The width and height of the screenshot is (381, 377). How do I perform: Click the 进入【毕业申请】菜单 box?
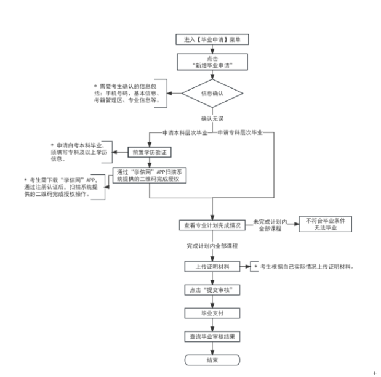pyautogui.click(x=212, y=40)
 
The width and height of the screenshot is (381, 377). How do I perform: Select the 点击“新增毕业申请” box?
pyautogui.click(x=212, y=62)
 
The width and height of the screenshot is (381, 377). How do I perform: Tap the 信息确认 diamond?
pyautogui.click(x=212, y=94)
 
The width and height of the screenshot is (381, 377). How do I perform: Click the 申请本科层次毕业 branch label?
pyautogui.click(x=185, y=132)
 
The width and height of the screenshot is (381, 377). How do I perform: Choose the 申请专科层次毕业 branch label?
pyautogui.click(x=241, y=132)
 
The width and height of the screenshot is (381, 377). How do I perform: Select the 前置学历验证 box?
pyautogui.click(x=148, y=152)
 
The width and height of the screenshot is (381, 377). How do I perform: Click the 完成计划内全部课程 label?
pyautogui.click(x=212, y=246)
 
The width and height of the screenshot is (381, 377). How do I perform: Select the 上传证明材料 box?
pyautogui.click(x=212, y=267)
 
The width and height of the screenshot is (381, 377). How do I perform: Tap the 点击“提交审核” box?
pyautogui.click(x=212, y=290)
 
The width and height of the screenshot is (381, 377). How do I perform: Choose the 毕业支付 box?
pyautogui.click(x=212, y=313)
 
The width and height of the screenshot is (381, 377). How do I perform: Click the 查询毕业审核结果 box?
pyautogui.click(x=212, y=336)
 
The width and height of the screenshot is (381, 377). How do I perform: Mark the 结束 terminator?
pyautogui.click(x=212, y=360)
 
